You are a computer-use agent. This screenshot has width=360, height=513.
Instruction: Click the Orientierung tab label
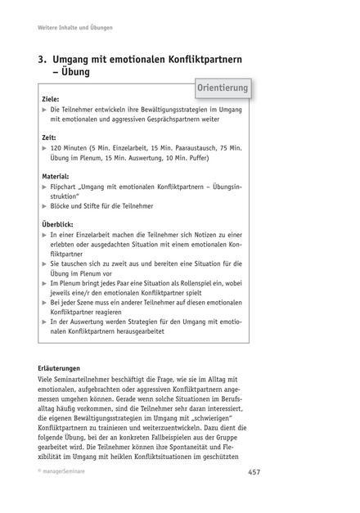pos(223,88)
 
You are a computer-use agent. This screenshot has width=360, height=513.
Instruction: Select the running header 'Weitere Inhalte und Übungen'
pos(75,28)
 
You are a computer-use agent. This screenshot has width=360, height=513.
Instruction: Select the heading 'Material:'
pos(56,175)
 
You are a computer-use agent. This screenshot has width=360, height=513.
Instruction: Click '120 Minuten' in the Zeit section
pos(70,149)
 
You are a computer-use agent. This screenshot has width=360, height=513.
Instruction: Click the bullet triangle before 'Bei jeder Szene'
pos(43,303)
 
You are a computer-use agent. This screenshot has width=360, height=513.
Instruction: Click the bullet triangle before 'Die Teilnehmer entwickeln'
pos(43,109)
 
